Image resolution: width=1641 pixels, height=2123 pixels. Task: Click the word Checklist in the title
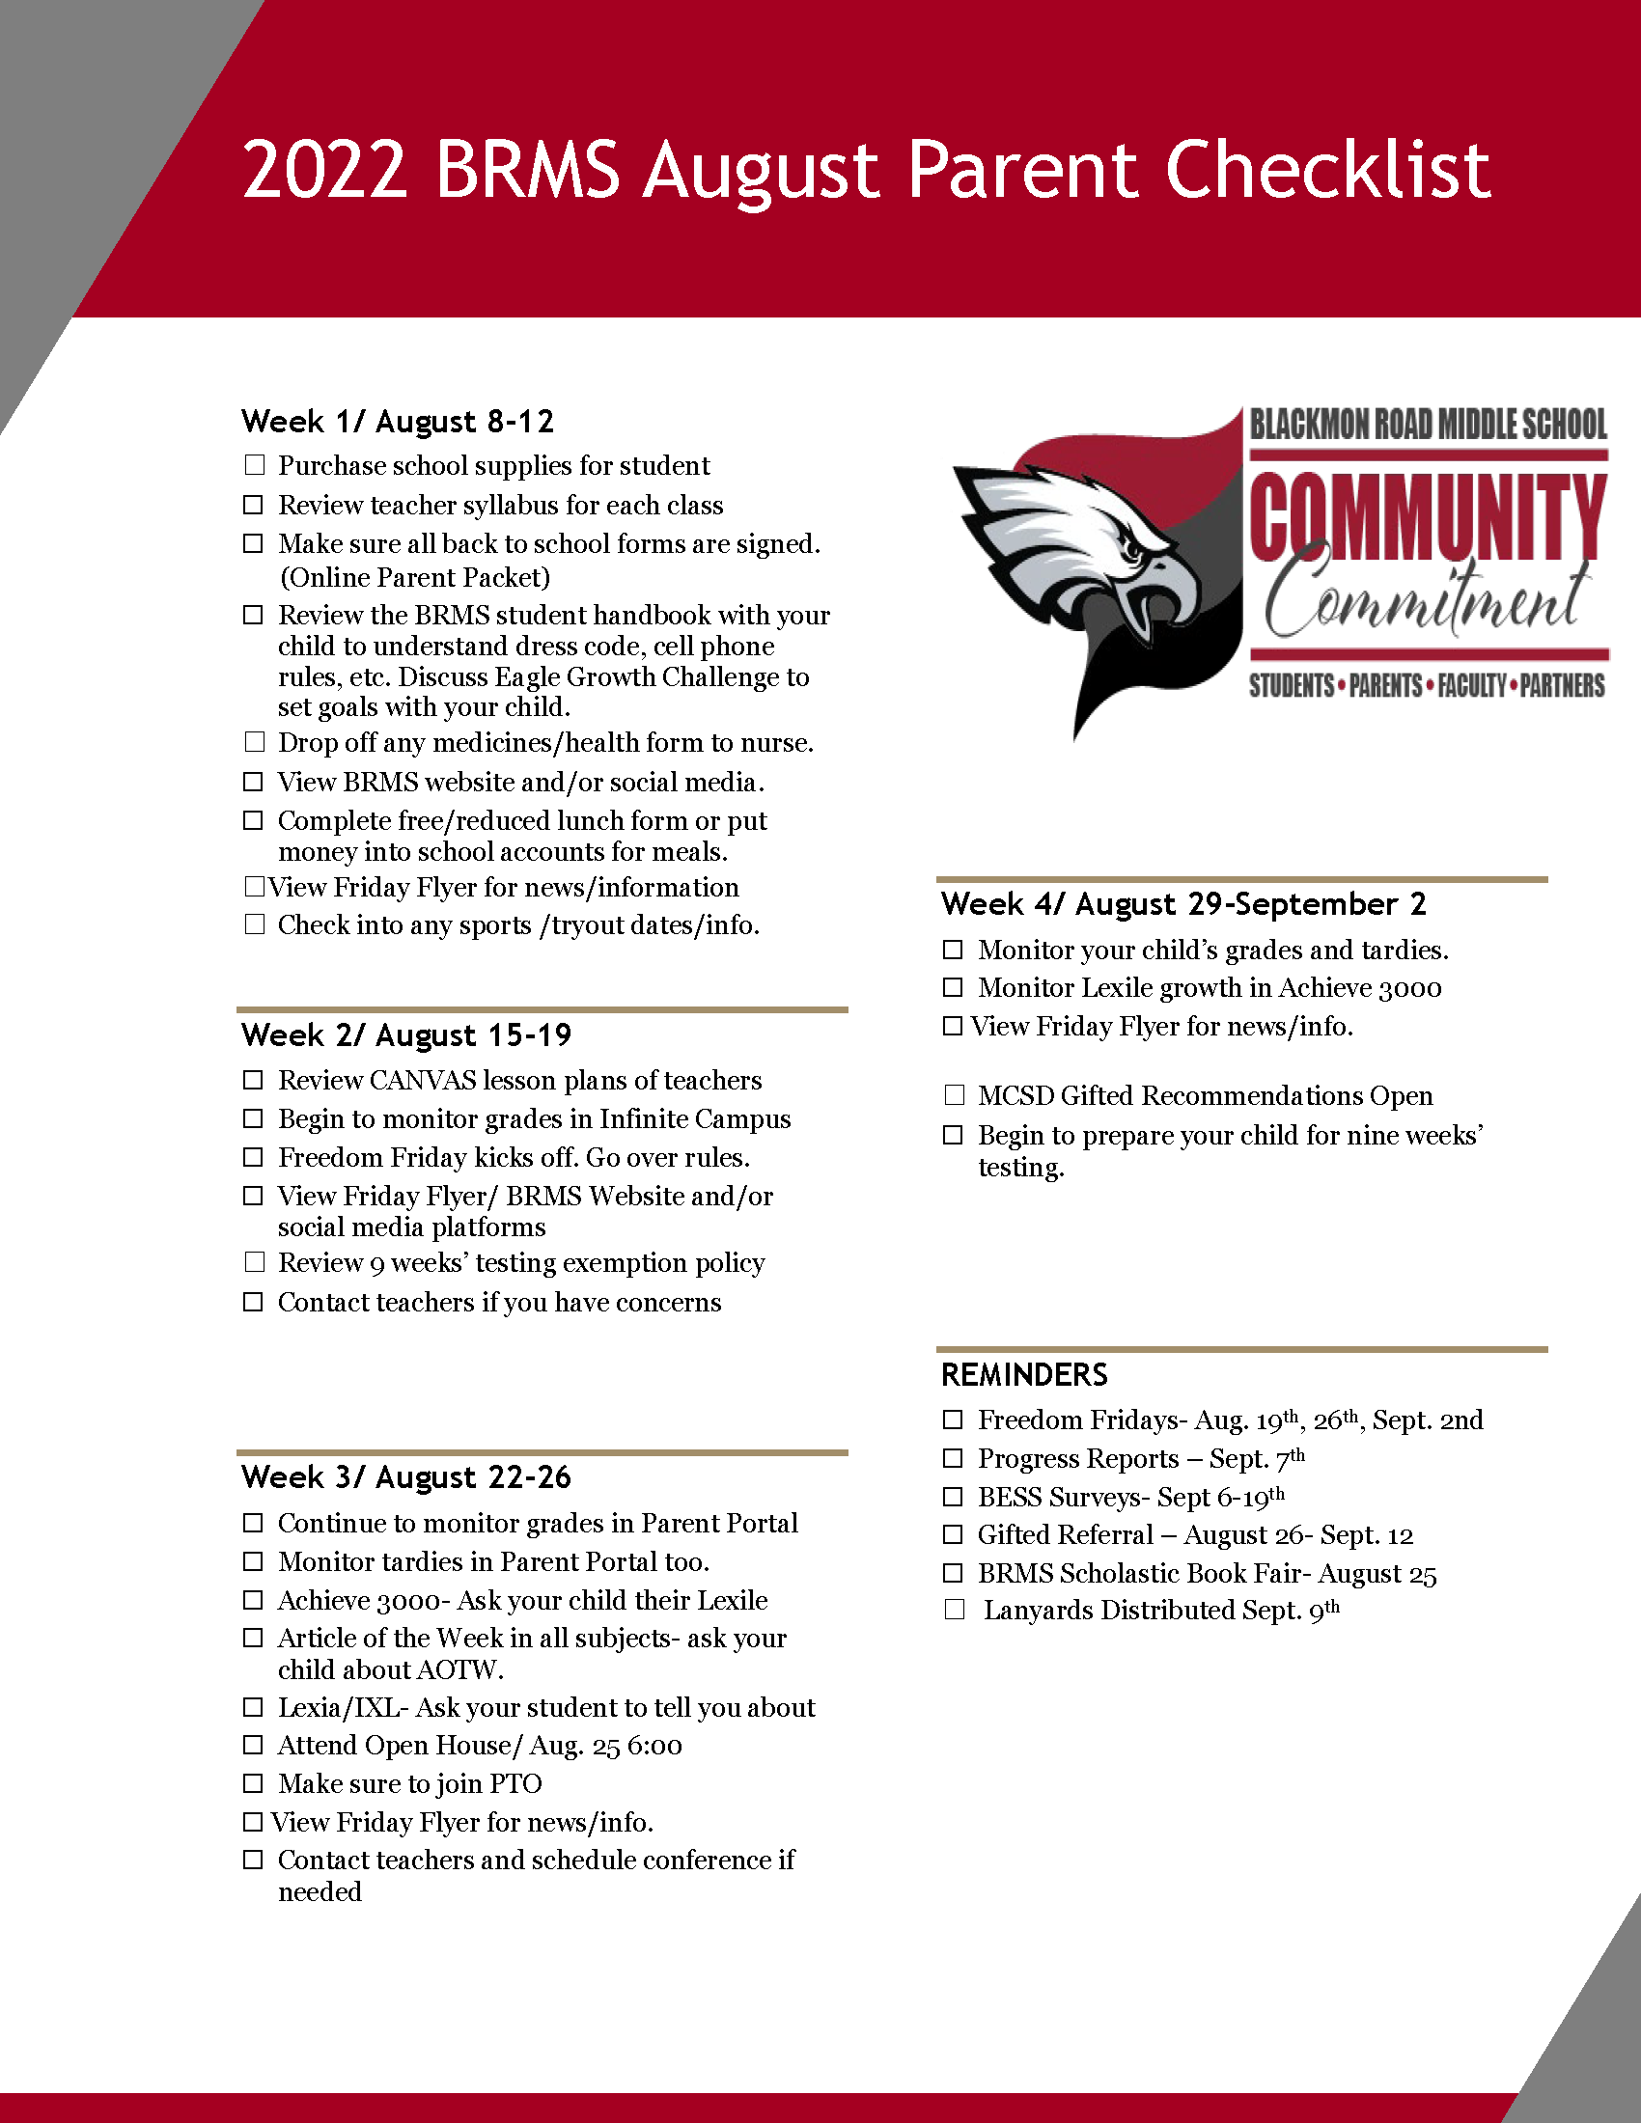[x=1327, y=170]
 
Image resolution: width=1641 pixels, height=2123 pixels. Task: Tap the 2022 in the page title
[x=323, y=170]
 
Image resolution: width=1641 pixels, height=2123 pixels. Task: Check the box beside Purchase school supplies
[x=255, y=465]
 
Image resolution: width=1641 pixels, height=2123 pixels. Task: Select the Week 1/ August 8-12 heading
[x=398, y=422]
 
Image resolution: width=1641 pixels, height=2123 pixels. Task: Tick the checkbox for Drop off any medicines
[x=255, y=742]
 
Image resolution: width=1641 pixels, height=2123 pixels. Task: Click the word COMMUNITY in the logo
[x=1427, y=516]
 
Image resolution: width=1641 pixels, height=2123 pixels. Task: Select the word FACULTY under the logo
[x=1472, y=686]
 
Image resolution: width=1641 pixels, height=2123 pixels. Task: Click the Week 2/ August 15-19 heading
[x=406, y=1035]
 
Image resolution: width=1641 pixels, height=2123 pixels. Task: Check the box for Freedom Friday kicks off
[x=254, y=1157]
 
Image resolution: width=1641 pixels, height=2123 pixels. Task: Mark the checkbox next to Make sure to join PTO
[x=254, y=1782]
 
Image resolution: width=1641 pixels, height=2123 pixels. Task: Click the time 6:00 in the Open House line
[x=654, y=1746]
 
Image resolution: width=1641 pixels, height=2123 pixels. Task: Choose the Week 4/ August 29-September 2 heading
[x=1183, y=904]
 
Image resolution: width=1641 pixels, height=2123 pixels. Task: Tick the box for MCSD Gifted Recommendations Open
[x=955, y=1095]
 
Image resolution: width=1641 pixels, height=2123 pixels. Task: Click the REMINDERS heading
[x=1024, y=1374]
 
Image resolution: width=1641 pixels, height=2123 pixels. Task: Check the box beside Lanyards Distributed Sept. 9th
[x=955, y=1610]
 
